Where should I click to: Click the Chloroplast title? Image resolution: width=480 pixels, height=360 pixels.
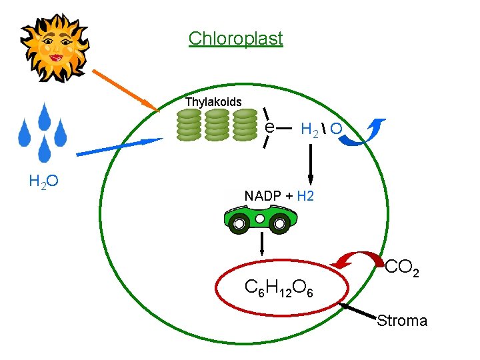[x=235, y=38]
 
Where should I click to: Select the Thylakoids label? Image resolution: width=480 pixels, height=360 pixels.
[x=213, y=102]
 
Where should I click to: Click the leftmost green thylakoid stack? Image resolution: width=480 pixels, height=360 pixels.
[x=189, y=125]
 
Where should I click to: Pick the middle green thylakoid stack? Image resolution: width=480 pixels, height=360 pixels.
[x=217, y=125]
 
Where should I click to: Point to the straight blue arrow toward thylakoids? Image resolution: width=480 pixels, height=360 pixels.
[x=120, y=147]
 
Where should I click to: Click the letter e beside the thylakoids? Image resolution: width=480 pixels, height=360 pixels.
[x=268, y=127]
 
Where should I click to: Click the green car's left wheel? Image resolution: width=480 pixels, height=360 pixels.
[x=237, y=225]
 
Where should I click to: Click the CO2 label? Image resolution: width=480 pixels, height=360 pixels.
[x=402, y=268]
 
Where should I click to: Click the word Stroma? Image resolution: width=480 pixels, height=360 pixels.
[x=402, y=321]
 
